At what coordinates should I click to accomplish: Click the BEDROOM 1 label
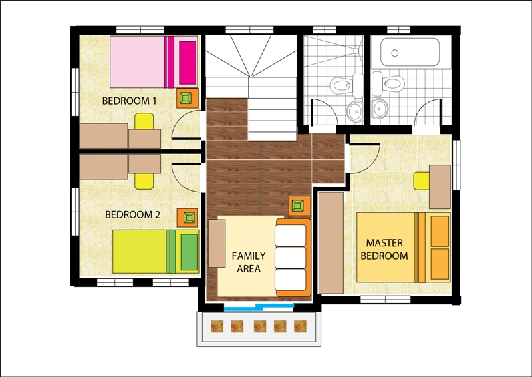pos(129,101)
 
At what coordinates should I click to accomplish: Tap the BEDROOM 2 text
pos(132,215)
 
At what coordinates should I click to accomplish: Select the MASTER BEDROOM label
pos(384,250)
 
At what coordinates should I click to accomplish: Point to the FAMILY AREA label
pos(249,262)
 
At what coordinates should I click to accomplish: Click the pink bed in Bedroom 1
pos(154,62)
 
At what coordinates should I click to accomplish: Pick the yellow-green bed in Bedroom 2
pos(156,252)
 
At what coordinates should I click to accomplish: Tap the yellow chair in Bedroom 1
pos(144,121)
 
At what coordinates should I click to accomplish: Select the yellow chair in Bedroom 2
pos(144,181)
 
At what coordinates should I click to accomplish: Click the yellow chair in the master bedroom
pos(422,181)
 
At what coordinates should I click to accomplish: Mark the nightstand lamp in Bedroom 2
pos(187,218)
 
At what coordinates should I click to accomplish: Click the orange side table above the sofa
pos(300,206)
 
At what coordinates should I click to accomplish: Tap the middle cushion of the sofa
pos(291,258)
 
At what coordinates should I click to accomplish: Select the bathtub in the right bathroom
pos(410,52)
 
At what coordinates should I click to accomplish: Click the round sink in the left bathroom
pos(355,110)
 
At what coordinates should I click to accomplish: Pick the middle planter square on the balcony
pos(260,326)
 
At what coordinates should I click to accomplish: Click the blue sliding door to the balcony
pos(259,307)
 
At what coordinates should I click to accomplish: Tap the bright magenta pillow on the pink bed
pos(188,63)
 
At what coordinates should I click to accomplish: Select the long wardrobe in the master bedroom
pos(331,242)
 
